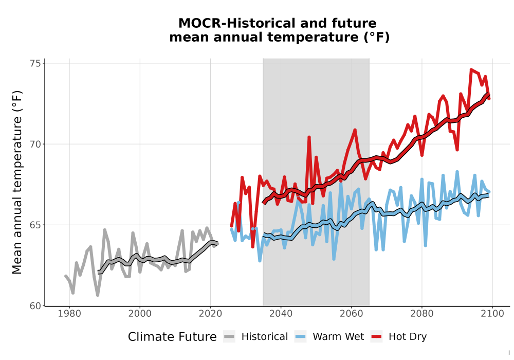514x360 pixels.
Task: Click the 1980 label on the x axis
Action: (x=69, y=314)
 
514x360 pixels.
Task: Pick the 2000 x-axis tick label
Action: (x=140, y=314)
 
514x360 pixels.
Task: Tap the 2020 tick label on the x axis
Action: (x=210, y=314)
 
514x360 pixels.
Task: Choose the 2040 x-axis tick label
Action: (x=281, y=314)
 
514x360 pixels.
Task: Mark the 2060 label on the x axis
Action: (x=351, y=314)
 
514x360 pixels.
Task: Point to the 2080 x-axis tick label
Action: (x=422, y=314)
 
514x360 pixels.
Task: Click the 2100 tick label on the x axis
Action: (x=492, y=314)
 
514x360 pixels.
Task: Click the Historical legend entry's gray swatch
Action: (x=229, y=337)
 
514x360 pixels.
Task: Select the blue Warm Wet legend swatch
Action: (x=300, y=337)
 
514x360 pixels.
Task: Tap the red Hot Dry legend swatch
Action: (x=376, y=337)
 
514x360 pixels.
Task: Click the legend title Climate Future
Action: (x=172, y=337)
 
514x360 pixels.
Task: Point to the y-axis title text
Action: (x=17, y=182)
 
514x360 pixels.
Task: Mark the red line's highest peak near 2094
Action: (x=471, y=69)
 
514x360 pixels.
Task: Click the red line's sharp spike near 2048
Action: (x=309, y=137)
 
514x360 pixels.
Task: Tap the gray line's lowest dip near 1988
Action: (x=98, y=295)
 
